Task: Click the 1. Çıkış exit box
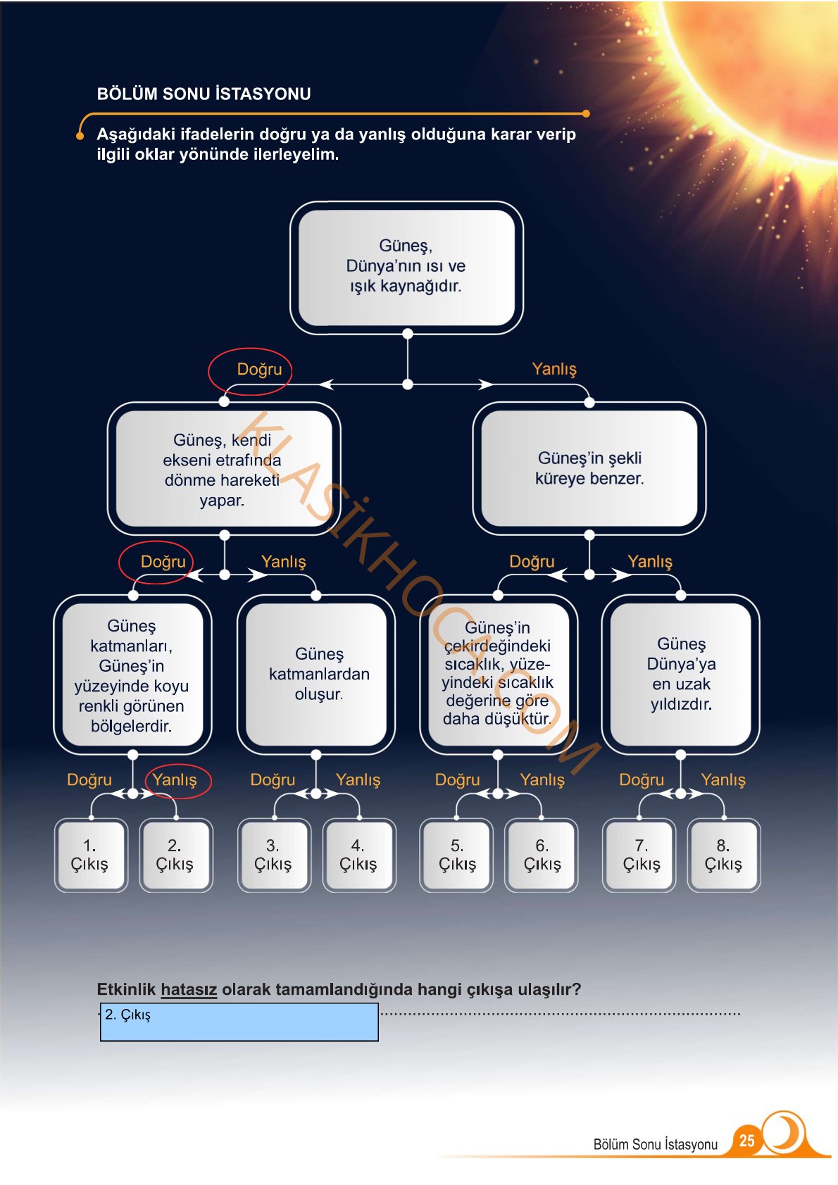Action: (x=91, y=855)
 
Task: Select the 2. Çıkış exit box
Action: (x=175, y=855)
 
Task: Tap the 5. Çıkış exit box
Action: (x=456, y=855)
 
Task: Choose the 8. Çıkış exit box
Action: (x=724, y=855)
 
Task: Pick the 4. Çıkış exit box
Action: (x=359, y=855)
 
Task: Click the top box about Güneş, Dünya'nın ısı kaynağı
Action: (x=406, y=268)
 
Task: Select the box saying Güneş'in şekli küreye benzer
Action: (x=589, y=468)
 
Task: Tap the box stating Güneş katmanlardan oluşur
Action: (x=316, y=675)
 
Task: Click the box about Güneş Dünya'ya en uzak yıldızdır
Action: (x=681, y=675)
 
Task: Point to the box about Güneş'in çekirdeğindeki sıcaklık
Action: (x=499, y=675)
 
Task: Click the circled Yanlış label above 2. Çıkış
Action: (x=175, y=779)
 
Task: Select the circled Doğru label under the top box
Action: (x=259, y=369)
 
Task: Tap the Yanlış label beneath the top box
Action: (x=554, y=369)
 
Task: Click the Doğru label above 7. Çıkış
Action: (x=642, y=779)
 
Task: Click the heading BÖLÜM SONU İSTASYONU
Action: (x=204, y=94)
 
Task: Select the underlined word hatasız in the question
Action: (x=189, y=989)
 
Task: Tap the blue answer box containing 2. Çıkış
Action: (x=239, y=1022)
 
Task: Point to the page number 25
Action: (x=746, y=1140)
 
